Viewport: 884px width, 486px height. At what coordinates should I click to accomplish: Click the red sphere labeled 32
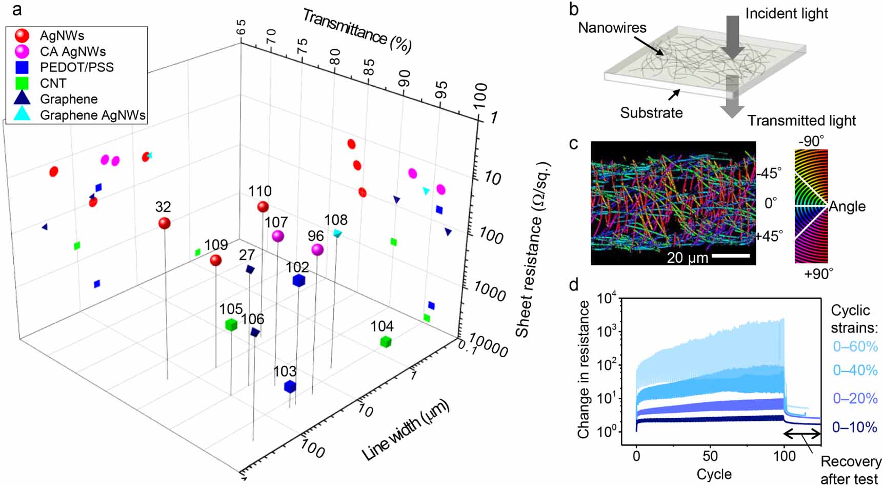[x=164, y=223]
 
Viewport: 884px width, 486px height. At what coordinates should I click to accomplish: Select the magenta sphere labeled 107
[x=278, y=236]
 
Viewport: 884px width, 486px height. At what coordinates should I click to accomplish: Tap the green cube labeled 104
[x=386, y=341]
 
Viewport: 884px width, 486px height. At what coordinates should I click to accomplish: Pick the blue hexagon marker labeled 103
[x=290, y=386]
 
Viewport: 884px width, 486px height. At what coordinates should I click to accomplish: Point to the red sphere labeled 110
[x=263, y=207]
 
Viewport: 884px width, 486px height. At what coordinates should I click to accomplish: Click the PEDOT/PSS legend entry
[x=76, y=67]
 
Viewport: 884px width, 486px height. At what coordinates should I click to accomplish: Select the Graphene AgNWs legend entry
[x=92, y=115]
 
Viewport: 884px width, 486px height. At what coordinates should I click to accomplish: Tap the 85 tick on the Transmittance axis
[x=369, y=67]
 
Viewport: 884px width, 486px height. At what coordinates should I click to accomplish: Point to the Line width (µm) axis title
[x=405, y=430]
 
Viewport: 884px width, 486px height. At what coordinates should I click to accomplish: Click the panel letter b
[x=574, y=9]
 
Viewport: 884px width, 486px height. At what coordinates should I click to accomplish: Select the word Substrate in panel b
[x=651, y=113]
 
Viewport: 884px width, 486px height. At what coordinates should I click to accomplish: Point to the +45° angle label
[x=769, y=236]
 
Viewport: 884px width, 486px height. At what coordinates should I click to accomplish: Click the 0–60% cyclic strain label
[x=855, y=346]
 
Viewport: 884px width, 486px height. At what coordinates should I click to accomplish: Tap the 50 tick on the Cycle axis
[x=710, y=456]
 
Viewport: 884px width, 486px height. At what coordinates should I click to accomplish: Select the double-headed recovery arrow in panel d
[x=802, y=435]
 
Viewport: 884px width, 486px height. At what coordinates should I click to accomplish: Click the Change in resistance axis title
[x=584, y=370]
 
